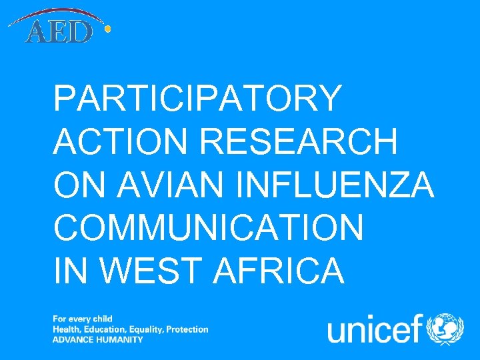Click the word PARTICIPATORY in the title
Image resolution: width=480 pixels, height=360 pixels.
pos(197,98)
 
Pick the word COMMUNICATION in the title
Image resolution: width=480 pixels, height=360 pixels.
pos(209,228)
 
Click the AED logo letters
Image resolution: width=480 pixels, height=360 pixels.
pos(58,32)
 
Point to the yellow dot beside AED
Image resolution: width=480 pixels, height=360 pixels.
pos(108,29)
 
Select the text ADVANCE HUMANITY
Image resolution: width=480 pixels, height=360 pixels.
pos(98,339)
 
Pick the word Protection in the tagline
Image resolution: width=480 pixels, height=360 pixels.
pos(187,329)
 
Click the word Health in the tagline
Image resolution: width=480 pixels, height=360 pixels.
pos(65,329)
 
